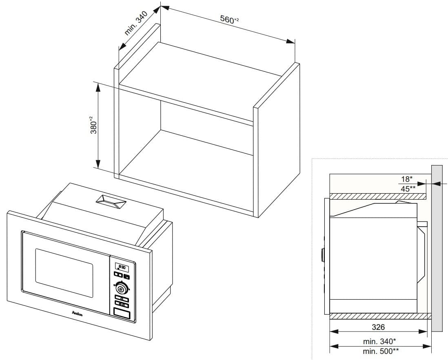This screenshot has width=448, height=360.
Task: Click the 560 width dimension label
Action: click(x=229, y=20)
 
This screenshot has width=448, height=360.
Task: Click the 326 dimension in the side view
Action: click(x=378, y=327)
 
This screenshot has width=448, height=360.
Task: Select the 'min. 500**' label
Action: click(x=381, y=351)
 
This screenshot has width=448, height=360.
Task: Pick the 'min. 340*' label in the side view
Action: click(x=379, y=341)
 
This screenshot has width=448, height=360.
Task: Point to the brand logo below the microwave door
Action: click(x=78, y=314)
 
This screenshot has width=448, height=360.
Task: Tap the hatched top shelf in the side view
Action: click(x=377, y=196)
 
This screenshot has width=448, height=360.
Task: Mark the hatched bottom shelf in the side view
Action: click(x=377, y=316)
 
